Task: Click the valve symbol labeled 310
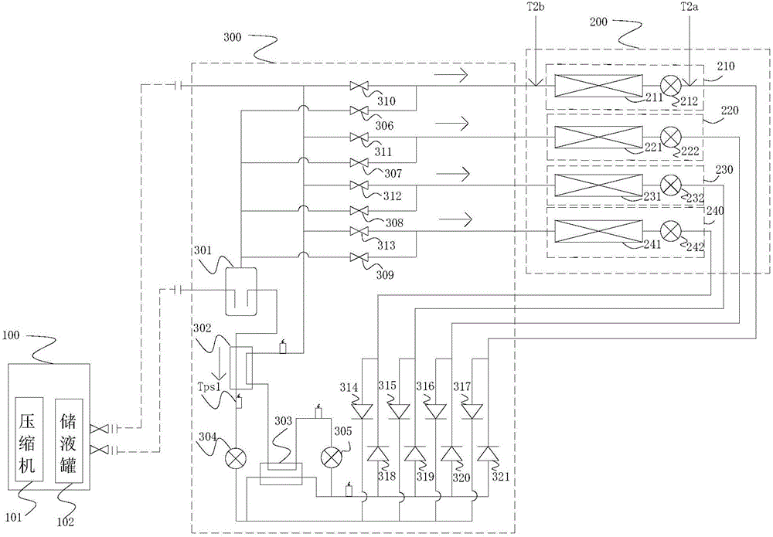[357, 87]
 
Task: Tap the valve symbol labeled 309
[357, 257]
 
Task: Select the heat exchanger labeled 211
[598, 86]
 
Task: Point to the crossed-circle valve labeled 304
[236, 459]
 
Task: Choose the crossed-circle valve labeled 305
[331, 457]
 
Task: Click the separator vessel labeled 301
[241, 291]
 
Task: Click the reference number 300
[232, 38]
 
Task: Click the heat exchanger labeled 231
[598, 185]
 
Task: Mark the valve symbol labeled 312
[357, 185]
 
